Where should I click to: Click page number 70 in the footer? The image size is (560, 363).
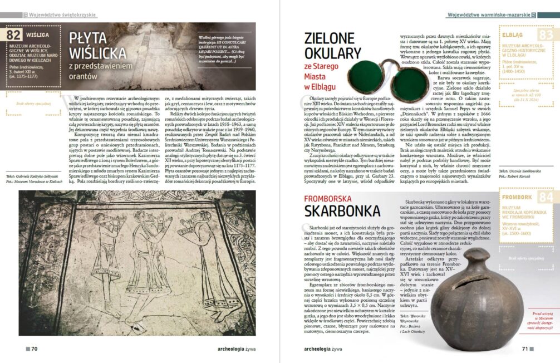(34, 349)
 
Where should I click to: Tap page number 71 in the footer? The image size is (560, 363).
(524, 349)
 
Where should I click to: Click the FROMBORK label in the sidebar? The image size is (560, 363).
(517, 197)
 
